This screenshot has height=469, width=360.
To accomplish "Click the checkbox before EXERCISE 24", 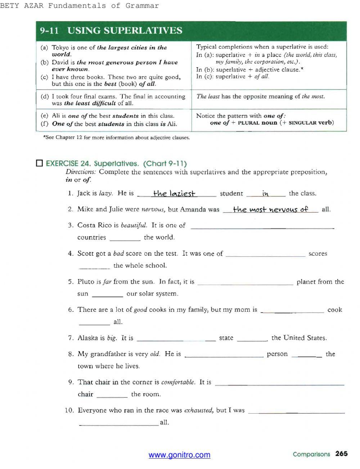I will pos(40,164).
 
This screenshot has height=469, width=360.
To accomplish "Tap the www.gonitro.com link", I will pos(179,455).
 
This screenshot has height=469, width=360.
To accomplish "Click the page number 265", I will pos(341,454).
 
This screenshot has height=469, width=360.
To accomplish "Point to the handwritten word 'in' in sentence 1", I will pos(266,194).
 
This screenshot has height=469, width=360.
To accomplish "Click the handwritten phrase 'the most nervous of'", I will pos(270,209).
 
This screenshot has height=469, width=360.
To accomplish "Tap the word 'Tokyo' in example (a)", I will pos(59,47).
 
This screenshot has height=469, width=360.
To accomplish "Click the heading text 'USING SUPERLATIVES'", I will pos(125,31).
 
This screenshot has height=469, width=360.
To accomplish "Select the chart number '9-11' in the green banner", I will pos(49,31).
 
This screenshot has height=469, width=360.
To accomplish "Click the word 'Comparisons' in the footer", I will pos(311,454).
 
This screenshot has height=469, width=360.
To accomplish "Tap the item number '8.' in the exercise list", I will pos(71,354).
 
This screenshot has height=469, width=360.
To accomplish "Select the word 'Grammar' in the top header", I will pos(142,5).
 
